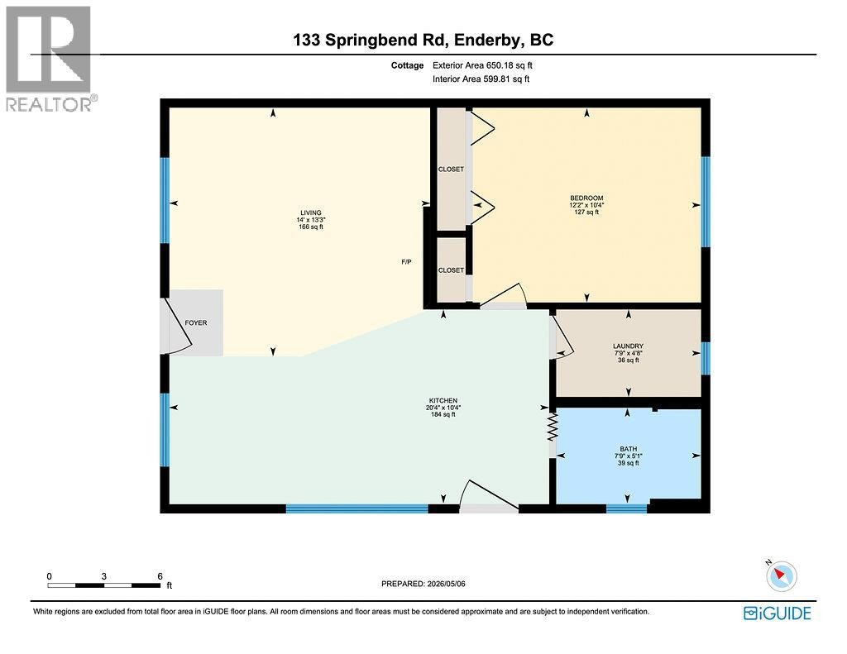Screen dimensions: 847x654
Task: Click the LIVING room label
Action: tap(311, 212)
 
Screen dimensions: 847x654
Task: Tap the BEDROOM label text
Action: tap(586, 198)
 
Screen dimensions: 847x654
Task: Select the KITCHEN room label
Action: tap(443, 401)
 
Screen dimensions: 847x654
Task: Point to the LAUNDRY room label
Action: tap(629, 346)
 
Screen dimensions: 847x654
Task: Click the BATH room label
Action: tap(629, 449)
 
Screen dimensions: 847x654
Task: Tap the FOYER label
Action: tap(195, 323)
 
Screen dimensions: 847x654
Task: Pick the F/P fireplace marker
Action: tap(406, 262)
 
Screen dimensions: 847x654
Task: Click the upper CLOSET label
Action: tap(451, 169)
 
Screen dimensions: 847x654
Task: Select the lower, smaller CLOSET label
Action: tap(451, 270)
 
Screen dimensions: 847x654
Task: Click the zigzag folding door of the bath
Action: tap(552, 427)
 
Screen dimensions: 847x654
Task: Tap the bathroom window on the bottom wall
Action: tap(627, 508)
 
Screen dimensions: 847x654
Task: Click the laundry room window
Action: tap(705, 359)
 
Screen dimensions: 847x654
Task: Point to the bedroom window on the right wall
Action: tap(705, 202)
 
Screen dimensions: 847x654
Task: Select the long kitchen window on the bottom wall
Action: tap(357, 508)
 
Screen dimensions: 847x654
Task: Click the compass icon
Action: tap(781, 575)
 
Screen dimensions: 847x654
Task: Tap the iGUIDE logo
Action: tap(778, 613)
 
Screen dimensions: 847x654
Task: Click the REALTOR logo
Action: tap(50, 59)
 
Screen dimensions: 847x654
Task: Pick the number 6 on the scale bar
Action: tap(160, 576)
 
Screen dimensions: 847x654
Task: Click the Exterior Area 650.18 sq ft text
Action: tap(482, 65)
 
